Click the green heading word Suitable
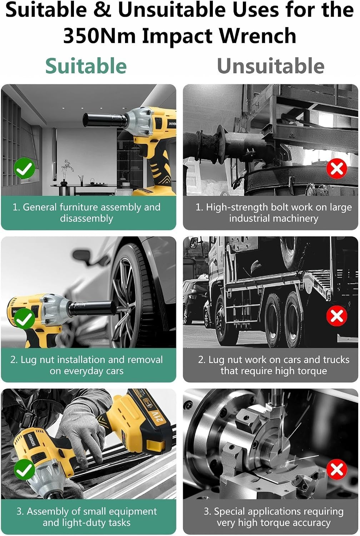(86, 66)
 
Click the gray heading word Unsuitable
(271, 66)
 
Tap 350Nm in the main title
(99, 36)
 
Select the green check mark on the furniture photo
(24, 168)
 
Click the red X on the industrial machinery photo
(337, 168)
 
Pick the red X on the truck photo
(337, 316)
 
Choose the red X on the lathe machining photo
(337, 469)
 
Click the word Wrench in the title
(257, 36)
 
